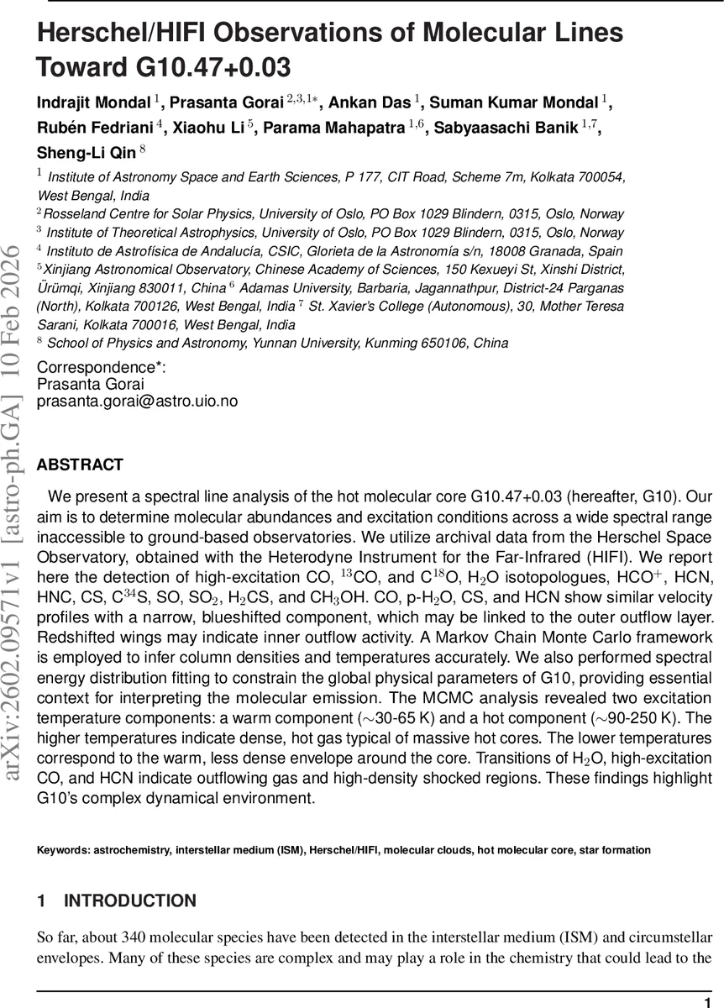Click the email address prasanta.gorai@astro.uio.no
click(137, 402)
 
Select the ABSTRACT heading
click(80, 465)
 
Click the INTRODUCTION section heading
click(129, 901)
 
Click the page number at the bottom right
click(708, 1002)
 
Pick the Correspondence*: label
click(102, 368)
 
